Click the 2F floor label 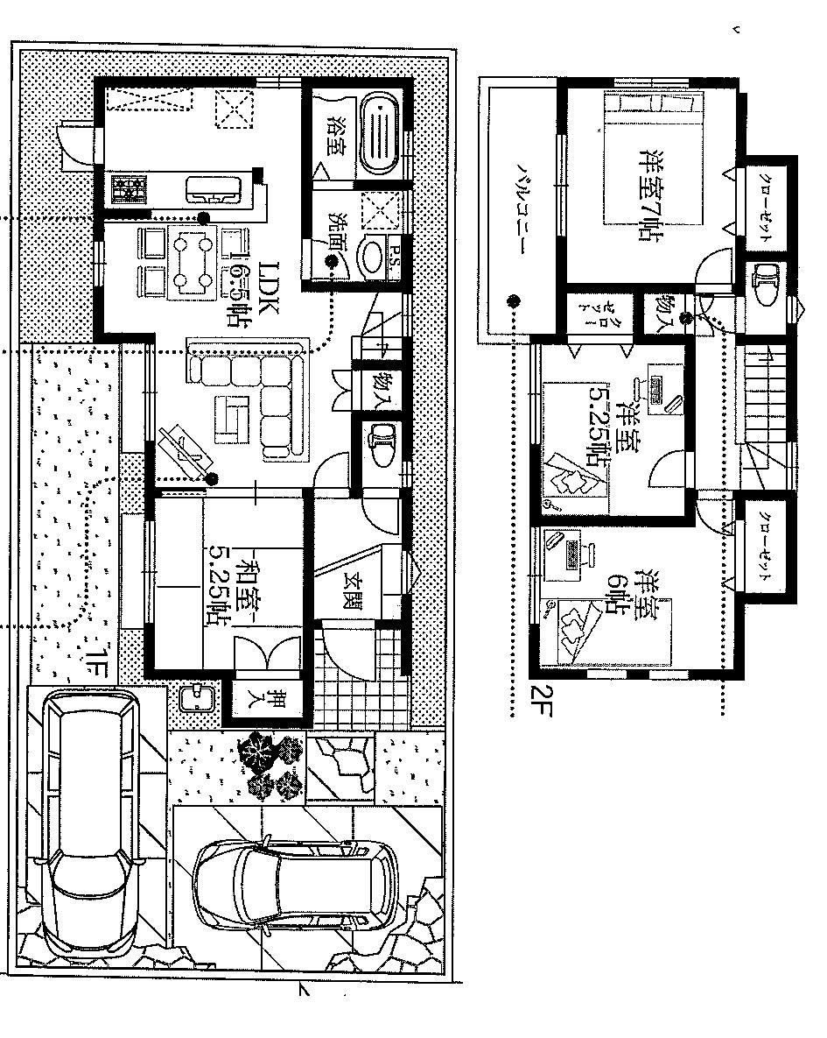(x=541, y=701)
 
